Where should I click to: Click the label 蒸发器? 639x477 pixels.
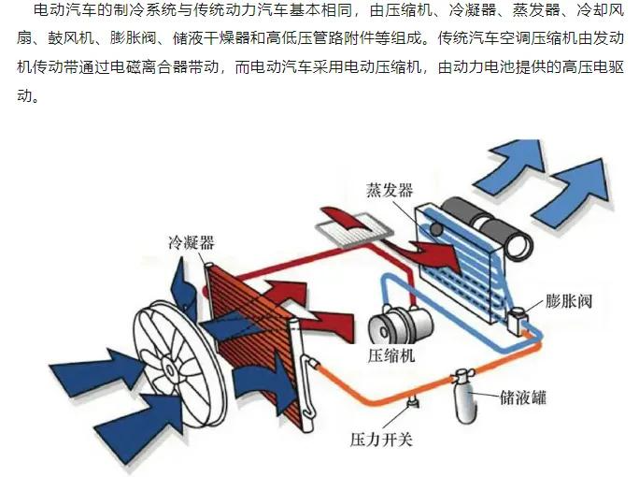pyautogui.click(x=390, y=190)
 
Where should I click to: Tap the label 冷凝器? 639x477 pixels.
pyautogui.click(x=192, y=242)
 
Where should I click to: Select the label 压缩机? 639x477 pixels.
pyautogui.click(x=390, y=355)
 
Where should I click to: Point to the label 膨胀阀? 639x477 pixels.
pyautogui.click(x=569, y=301)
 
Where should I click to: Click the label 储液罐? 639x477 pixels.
pyautogui.click(x=523, y=397)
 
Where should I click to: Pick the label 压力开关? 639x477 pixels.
pyautogui.click(x=381, y=440)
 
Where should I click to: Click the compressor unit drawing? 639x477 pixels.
pyautogui.click(x=400, y=325)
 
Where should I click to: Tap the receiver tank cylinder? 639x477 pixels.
pyautogui.click(x=465, y=397)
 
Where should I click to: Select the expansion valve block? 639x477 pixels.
pyautogui.click(x=518, y=320)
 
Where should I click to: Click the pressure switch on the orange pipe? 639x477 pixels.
pyautogui.click(x=413, y=401)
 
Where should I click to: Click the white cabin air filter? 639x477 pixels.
pyautogui.click(x=354, y=230)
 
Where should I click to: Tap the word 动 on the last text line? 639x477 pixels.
pyautogui.click(x=24, y=95)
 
